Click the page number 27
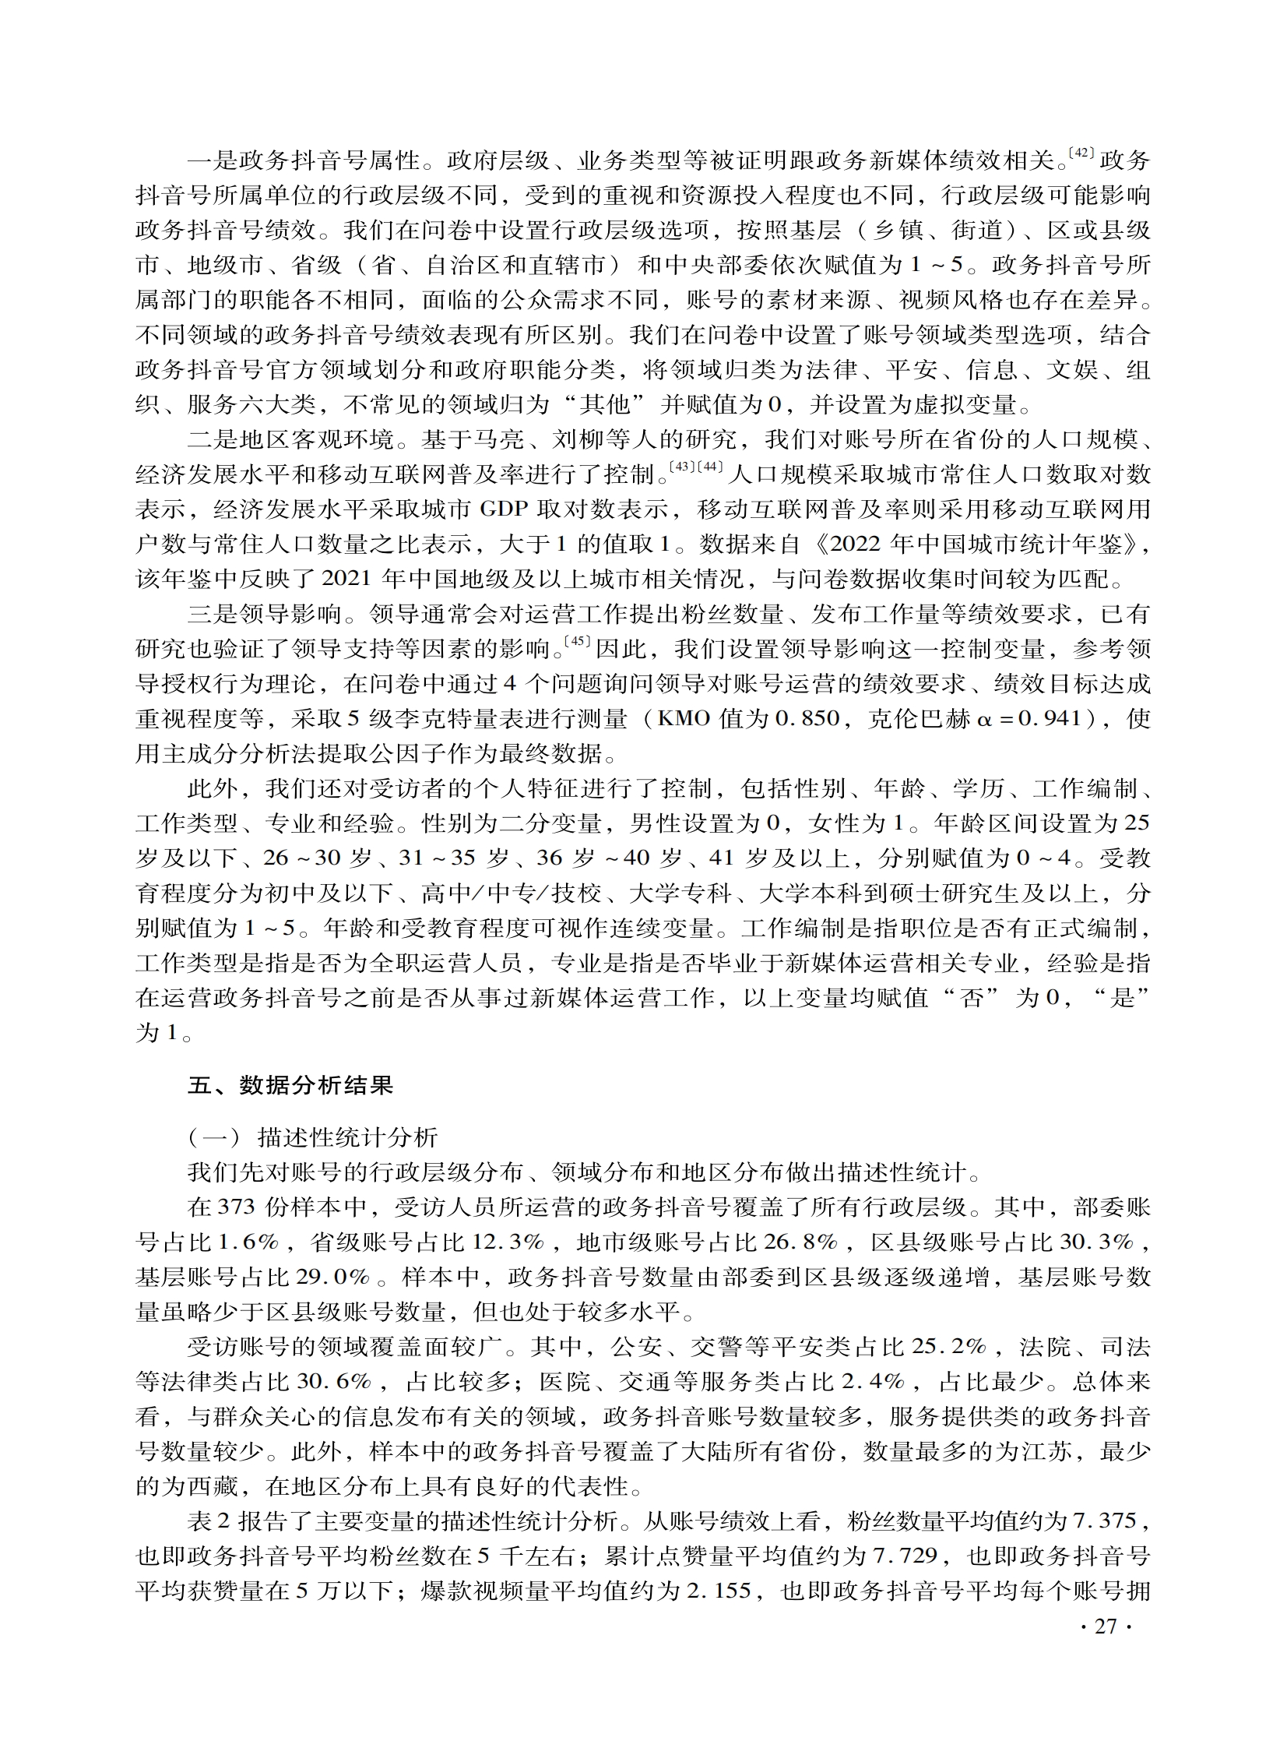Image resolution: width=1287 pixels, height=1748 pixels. click(1106, 1626)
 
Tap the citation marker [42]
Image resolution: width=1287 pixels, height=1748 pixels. click(1082, 153)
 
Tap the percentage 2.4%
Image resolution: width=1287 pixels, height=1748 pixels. click(873, 1383)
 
